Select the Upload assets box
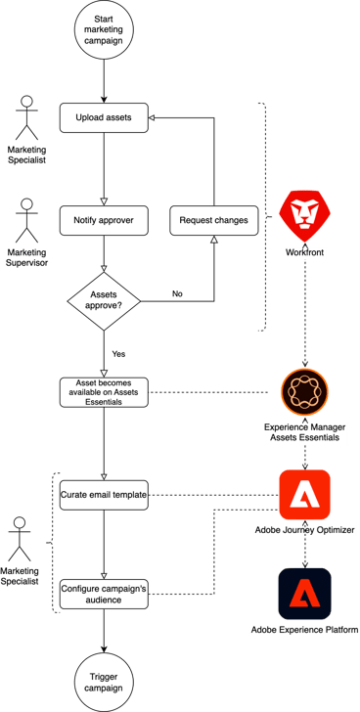tap(104, 119)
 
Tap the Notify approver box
tap(104, 221)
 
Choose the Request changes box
tap(213, 221)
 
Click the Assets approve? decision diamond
tap(104, 297)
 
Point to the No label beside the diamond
tap(177, 292)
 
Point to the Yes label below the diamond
tap(118, 353)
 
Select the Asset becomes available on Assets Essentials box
tap(104, 392)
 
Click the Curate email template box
tap(104, 495)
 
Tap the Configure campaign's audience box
tap(104, 595)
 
